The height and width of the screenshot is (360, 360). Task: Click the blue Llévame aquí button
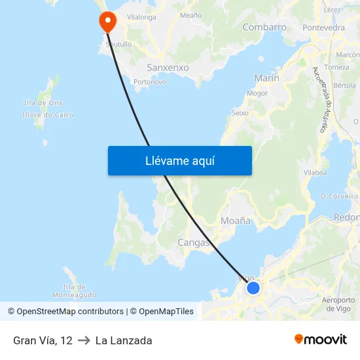coord(179,160)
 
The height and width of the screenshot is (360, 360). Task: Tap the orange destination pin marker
coord(107,22)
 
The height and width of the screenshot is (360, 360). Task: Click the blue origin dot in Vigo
coord(253,288)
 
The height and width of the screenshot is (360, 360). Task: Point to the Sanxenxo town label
coord(168,67)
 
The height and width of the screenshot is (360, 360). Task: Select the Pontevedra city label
coord(323,27)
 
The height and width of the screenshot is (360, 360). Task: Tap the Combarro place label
coord(264,27)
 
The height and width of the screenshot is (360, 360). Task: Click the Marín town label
coord(266,78)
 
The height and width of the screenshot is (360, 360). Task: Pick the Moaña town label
coord(236,221)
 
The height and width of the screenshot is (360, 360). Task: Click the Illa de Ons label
coord(43,103)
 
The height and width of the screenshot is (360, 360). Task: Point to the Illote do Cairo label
coord(48,115)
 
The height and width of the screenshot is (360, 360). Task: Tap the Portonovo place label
coord(149,82)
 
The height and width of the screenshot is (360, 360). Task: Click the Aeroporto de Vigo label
coord(338,304)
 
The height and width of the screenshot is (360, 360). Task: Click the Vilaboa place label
coord(315,172)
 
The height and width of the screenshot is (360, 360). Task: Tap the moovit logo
coord(321,340)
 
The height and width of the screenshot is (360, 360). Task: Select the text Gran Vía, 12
coord(43,340)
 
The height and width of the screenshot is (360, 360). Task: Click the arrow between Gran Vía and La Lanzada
coord(84,340)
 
